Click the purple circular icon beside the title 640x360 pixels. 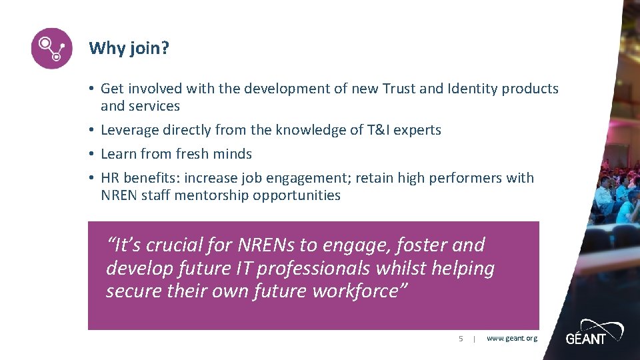click(x=51, y=48)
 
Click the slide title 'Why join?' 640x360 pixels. click(x=129, y=48)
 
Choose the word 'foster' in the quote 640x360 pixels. click(x=421, y=245)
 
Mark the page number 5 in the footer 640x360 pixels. click(x=460, y=339)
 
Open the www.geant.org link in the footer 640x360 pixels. click(x=511, y=339)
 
